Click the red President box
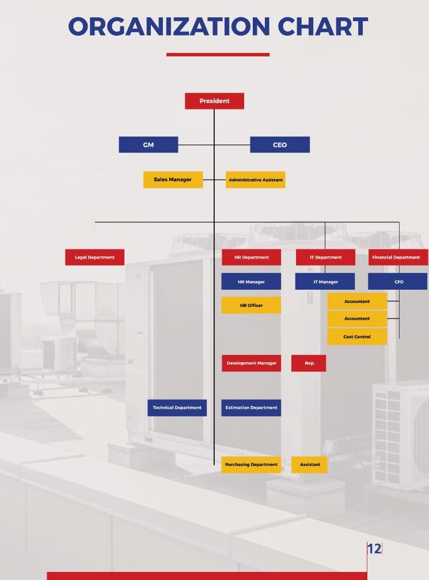(x=214, y=101)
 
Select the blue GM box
(x=149, y=145)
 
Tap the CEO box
(x=280, y=145)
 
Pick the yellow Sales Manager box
(x=173, y=179)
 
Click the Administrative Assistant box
(x=256, y=180)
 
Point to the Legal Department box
(x=94, y=257)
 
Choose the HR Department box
(x=252, y=257)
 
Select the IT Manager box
(x=325, y=282)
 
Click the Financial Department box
(x=398, y=257)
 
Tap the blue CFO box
(x=397, y=282)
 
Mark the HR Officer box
(x=251, y=305)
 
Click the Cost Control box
(x=357, y=336)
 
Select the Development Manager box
(x=252, y=363)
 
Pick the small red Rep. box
(x=309, y=363)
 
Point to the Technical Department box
(x=177, y=408)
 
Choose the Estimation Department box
(x=251, y=408)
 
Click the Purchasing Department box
(x=251, y=465)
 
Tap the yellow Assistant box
(x=309, y=465)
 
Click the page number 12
(x=374, y=548)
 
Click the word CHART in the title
(x=322, y=26)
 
